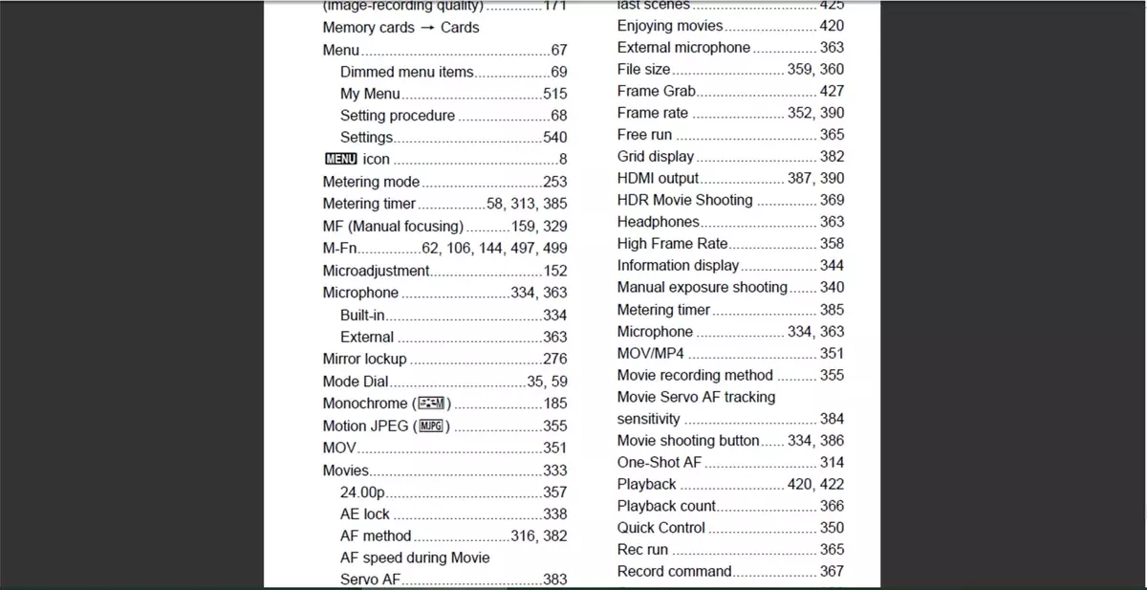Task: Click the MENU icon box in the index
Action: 340,160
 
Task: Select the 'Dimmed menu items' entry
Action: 406,72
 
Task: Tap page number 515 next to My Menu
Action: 554,94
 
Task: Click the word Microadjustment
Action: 376,271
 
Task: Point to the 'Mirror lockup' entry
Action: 364,359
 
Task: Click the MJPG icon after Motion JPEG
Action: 432,426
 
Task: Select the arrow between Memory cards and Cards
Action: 427,28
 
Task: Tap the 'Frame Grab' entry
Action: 656,91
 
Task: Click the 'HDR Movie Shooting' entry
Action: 684,200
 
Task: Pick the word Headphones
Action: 658,222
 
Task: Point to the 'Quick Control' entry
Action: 660,528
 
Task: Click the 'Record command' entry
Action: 674,571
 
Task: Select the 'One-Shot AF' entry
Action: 659,462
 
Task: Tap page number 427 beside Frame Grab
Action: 832,91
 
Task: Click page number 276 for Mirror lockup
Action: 554,360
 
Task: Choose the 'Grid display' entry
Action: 655,156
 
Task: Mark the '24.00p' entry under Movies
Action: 362,492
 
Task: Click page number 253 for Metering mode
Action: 554,182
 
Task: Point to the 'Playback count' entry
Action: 666,506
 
